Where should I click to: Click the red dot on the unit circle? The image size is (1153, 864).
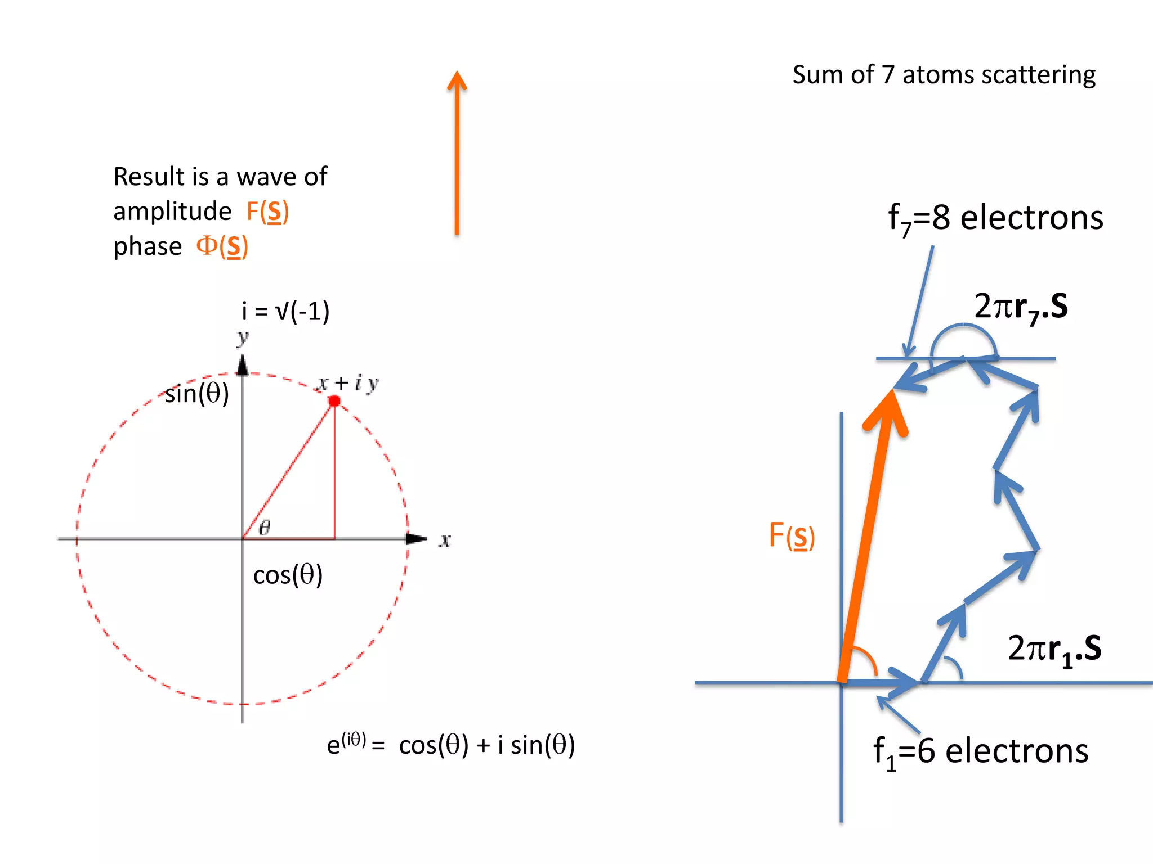coord(334,401)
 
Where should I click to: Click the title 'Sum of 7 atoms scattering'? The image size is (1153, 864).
coord(944,75)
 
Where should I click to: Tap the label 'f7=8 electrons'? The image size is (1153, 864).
coord(995,218)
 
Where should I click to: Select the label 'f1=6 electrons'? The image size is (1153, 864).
coord(981,752)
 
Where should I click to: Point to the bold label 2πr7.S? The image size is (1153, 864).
coord(1021,307)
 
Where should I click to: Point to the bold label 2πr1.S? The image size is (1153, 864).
coord(1054,649)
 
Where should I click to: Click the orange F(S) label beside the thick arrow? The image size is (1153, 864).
coord(792,535)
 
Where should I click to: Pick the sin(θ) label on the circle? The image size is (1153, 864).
coord(196,393)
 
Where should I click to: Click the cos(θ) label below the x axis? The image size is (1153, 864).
coord(288,575)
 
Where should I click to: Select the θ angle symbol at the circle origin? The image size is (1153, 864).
coord(264,528)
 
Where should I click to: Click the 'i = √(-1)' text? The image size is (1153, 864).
coord(285,311)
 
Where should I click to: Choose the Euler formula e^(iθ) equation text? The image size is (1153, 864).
coord(451,745)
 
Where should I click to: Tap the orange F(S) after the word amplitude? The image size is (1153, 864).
coord(267,211)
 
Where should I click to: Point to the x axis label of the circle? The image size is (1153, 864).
coord(445,541)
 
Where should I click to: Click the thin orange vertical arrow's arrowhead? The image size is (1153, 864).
coord(457,80)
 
